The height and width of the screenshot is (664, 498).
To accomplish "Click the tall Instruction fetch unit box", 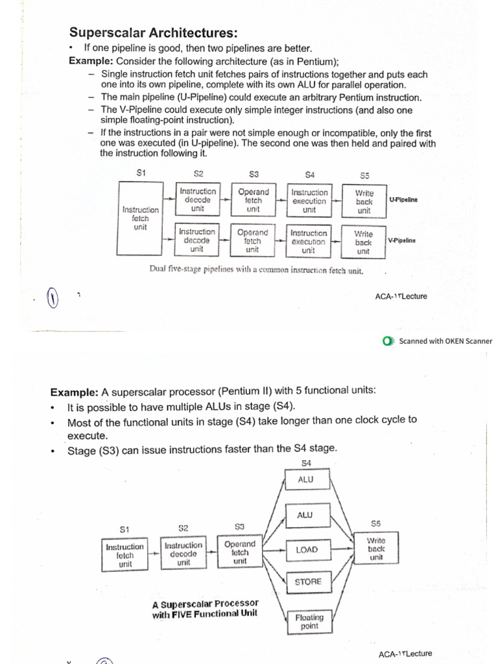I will (140, 219).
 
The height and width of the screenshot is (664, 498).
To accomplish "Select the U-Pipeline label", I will (403, 200).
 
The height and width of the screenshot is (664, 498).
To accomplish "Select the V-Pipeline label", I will (401, 240).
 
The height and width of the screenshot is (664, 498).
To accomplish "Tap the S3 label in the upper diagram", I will (254, 174).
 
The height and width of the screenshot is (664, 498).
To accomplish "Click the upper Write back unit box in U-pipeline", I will (364, 201).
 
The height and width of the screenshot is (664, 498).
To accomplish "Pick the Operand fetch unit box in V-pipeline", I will (252, 241).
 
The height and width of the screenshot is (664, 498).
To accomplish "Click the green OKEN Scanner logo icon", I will (388, 341).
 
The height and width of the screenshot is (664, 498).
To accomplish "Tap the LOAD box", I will (307, 550).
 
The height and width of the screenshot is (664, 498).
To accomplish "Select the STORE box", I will (307, 582).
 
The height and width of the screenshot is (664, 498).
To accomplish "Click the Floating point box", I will (309, 621).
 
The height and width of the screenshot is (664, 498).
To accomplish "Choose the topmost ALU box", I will (305, 480).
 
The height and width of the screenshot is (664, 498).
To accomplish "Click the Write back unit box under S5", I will (375, 548).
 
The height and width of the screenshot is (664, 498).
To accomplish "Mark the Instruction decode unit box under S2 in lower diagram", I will (184, 554).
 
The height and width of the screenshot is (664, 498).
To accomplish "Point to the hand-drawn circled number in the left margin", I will (51, 300).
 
